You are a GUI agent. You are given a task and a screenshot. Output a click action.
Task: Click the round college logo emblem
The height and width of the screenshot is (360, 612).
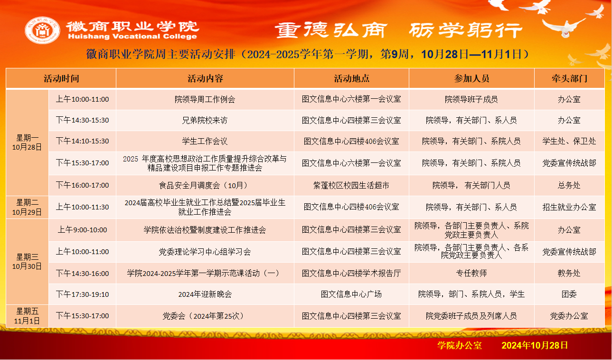click(42, 30)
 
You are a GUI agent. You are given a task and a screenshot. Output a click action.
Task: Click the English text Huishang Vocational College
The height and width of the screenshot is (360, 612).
click(132, 37)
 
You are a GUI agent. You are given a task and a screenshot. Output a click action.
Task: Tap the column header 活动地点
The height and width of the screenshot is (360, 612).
click(351, 79)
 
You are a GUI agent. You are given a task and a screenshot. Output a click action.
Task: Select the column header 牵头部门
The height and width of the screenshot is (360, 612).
click(569, 79)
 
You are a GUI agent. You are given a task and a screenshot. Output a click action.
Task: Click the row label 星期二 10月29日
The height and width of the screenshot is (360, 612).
click(27, 207)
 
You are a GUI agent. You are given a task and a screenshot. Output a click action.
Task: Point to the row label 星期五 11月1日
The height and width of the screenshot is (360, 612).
click(27, 316)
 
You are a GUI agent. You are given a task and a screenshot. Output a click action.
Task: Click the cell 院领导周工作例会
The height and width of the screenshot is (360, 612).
click(205, 99)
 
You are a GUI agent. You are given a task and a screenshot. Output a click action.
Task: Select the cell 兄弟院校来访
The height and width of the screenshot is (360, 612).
click(205, 120)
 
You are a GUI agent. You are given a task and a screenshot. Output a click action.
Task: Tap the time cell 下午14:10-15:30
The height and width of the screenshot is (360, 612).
click(82, 141)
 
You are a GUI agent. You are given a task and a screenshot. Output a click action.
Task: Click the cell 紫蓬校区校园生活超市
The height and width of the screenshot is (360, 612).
click(351, 186)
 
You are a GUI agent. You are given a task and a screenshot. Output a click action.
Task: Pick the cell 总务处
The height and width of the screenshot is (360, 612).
click(569, 186)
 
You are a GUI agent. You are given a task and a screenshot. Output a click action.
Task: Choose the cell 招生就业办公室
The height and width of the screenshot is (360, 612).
click(569, 207)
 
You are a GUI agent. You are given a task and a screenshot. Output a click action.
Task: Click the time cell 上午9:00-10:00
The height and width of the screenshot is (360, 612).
click(82, 230)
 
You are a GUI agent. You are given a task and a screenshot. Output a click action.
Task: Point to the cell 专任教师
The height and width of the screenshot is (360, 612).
click(471, 273)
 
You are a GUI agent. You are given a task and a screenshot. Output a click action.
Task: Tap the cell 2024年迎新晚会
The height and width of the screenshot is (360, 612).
click(205, 294)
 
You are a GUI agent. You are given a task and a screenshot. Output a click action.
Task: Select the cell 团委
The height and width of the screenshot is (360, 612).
click(569, 294)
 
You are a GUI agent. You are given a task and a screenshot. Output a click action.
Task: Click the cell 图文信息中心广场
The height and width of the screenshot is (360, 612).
click(351, 294)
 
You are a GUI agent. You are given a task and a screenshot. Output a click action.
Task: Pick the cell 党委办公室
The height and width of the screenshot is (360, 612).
click(569, 316)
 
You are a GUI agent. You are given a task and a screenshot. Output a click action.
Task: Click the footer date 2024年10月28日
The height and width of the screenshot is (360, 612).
click(535, 345)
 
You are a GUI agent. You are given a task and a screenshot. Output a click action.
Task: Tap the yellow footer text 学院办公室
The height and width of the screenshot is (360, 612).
click(460, 345)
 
